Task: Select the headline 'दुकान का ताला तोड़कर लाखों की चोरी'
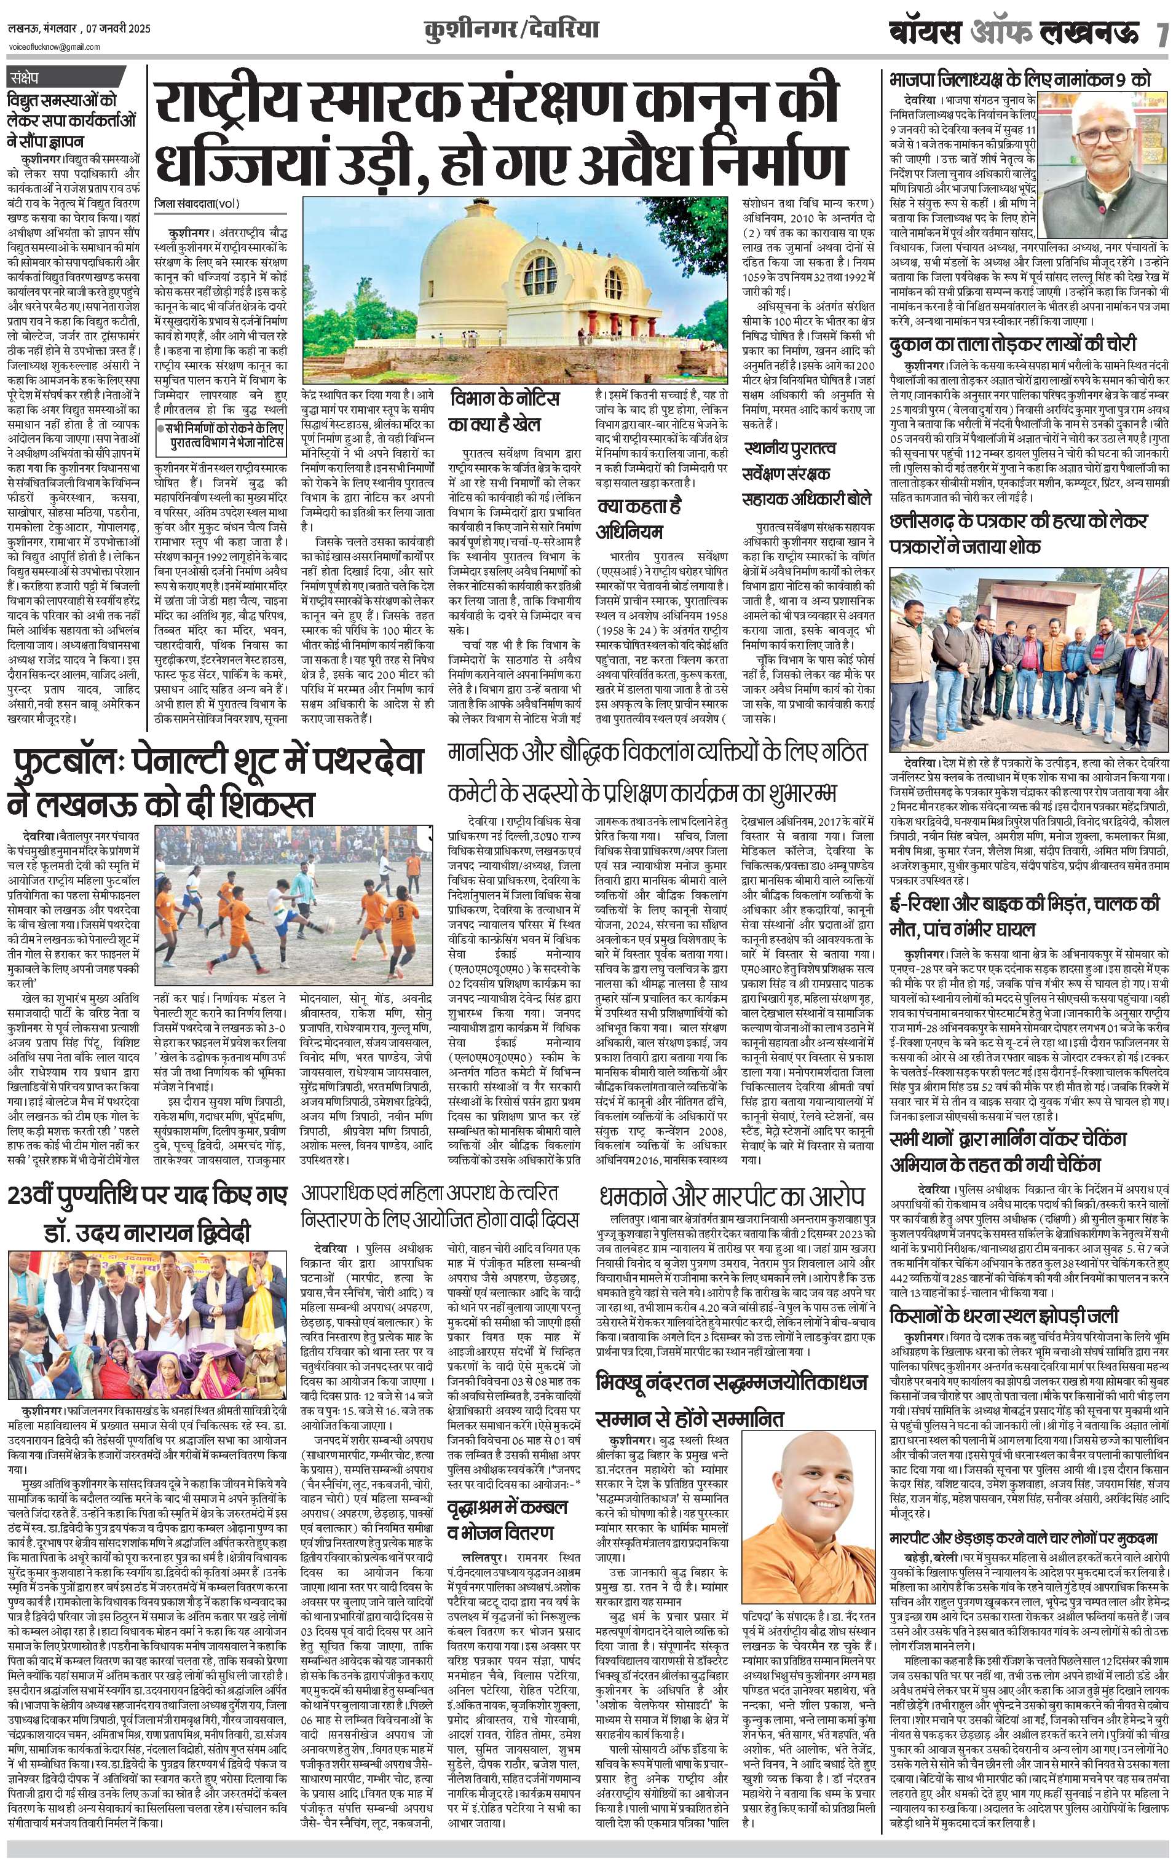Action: pos(1013,343)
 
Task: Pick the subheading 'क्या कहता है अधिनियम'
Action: pos(641,518)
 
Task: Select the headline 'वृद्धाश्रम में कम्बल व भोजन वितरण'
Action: pos(507,1520)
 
